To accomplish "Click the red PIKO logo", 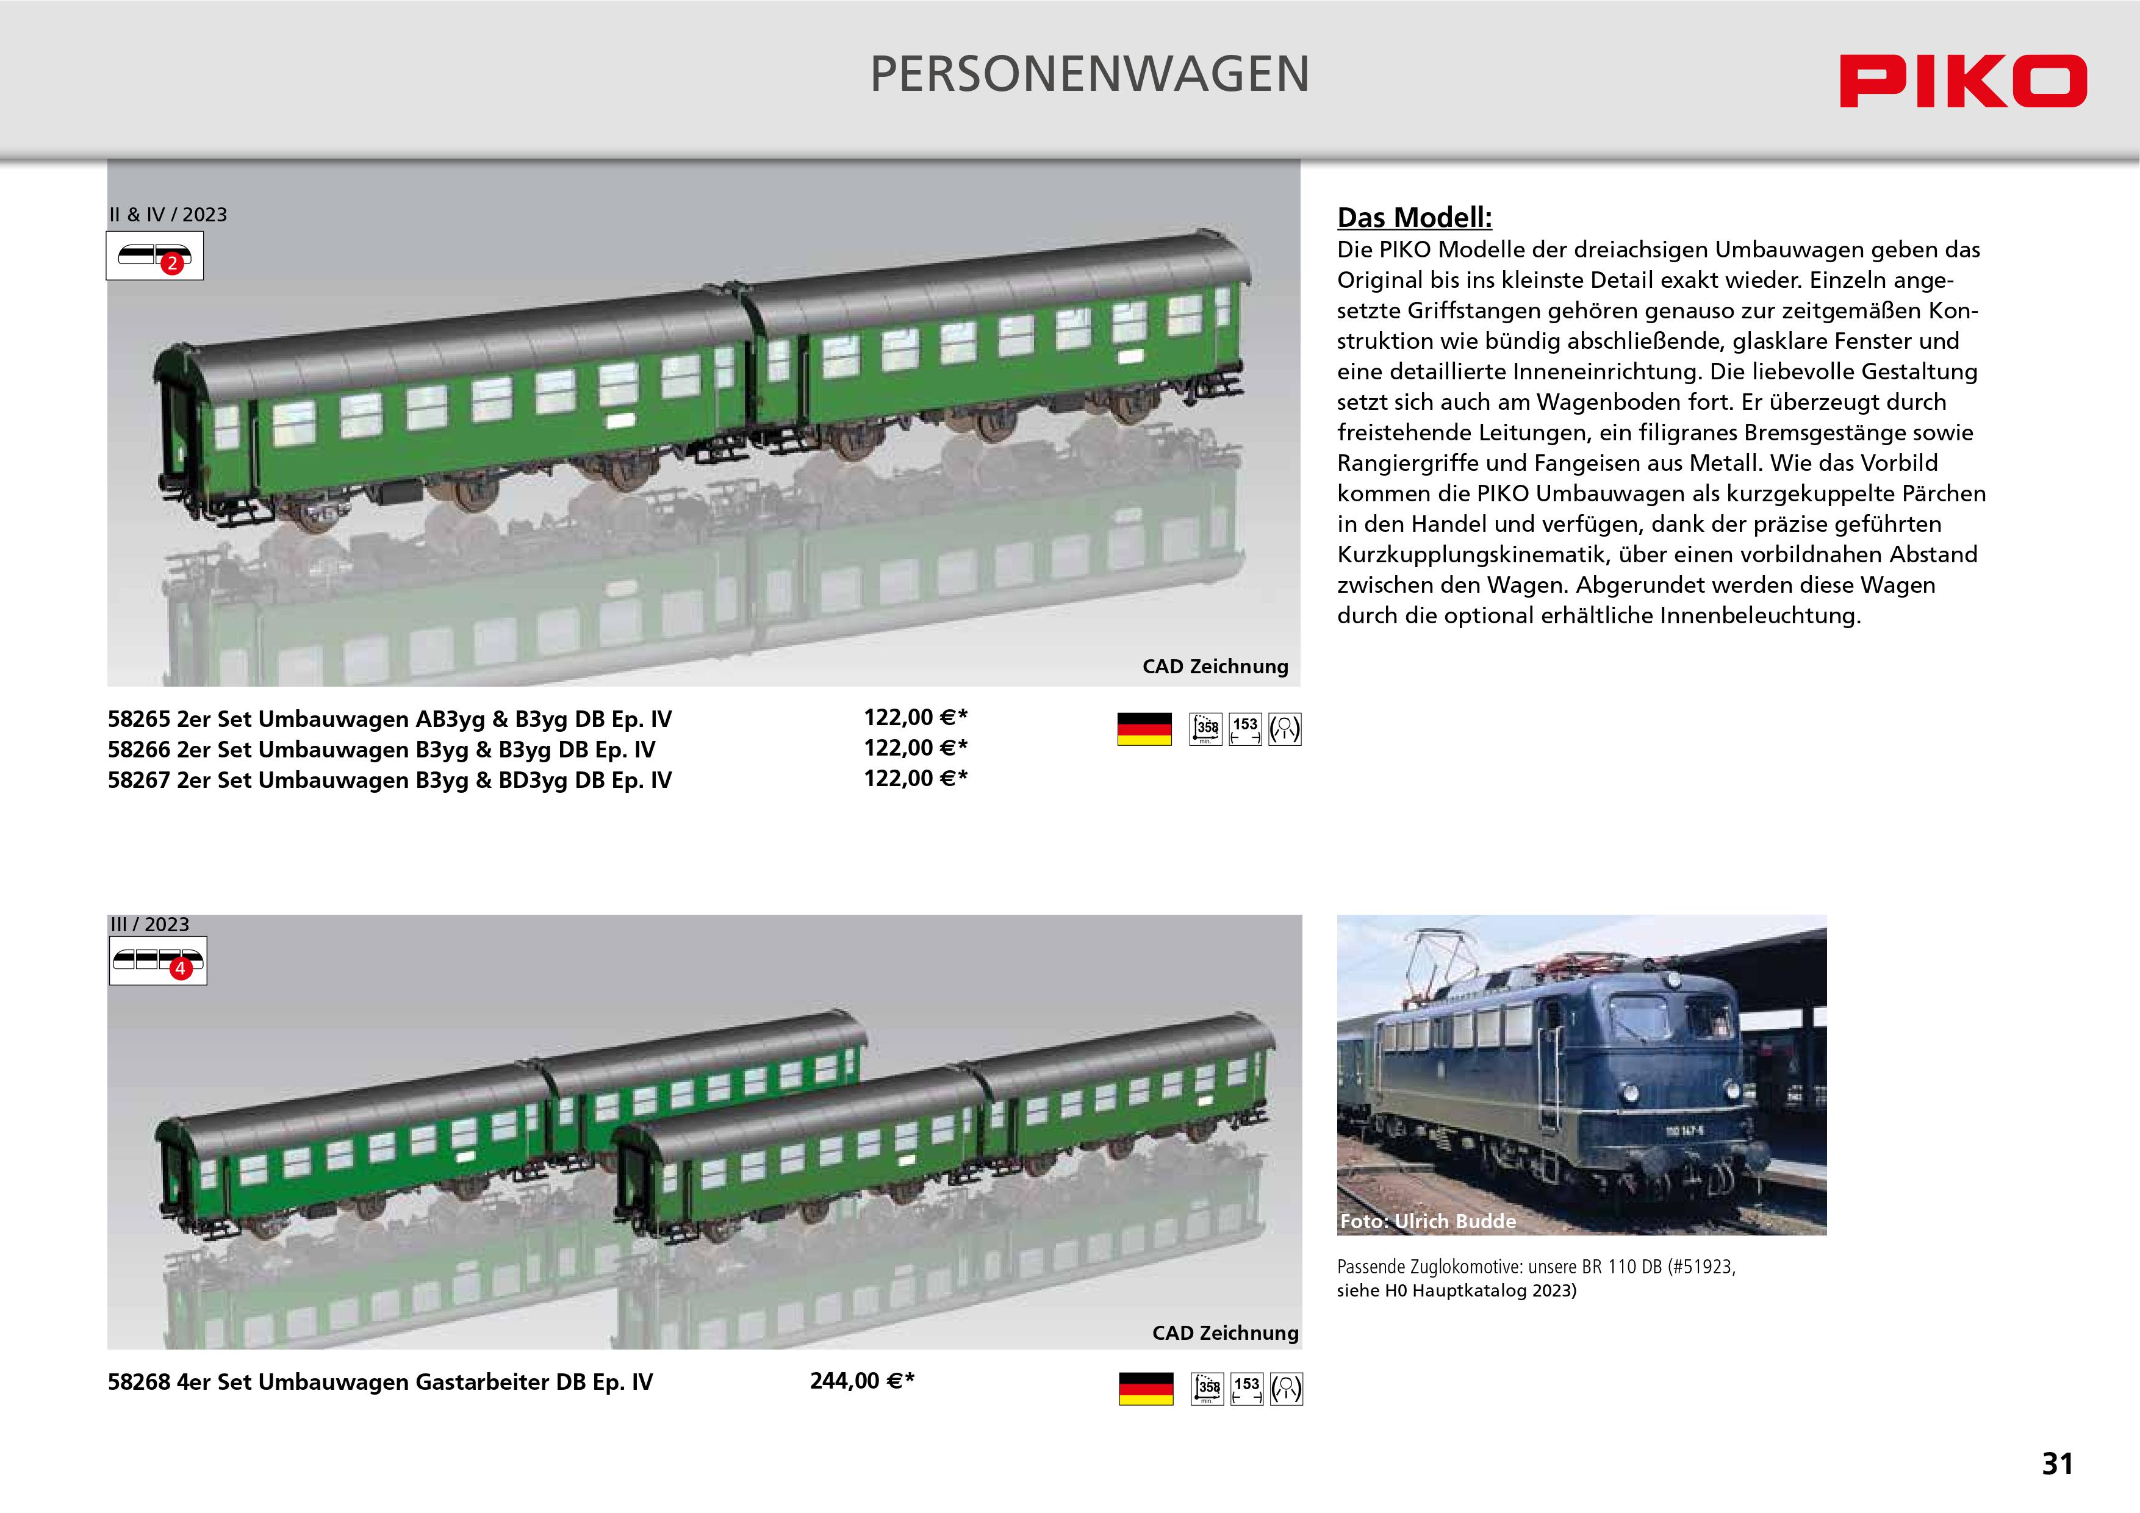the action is click(1963, 81).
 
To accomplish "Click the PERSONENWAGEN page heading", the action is click(1090, 74).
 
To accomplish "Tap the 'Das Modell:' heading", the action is click(1414, 217).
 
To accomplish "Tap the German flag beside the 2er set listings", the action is click(1144, 729).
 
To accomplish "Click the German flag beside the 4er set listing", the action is click(1146, 1388).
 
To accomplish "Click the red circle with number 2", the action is click(171, 263).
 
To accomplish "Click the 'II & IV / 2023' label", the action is click(168, 214).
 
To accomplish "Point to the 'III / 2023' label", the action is click(149, 924).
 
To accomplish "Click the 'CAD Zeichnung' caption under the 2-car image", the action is click(1215, 666).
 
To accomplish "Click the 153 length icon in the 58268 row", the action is click(1247, 1388).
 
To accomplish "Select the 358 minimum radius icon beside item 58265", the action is click(1206, 729).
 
